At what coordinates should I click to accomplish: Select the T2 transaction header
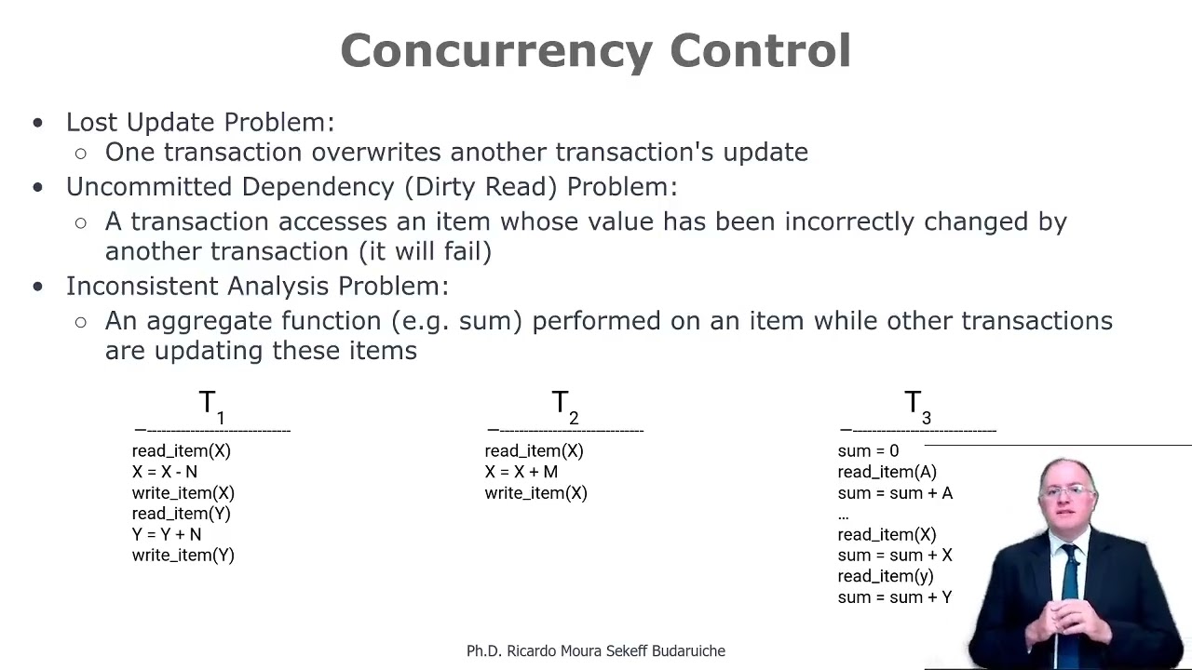[x=564, y=406]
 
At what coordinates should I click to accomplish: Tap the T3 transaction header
[x=917, y=406]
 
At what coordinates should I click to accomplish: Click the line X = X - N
[x=164, y=472]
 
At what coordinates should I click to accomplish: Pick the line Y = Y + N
[x=166, y=534]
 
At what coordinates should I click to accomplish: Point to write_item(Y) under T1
[x=183, y=555]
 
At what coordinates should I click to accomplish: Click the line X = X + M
[x=521, y=472]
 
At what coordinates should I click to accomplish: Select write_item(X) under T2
[x=535, y=492]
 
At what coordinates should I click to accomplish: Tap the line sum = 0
[x=868, y=451]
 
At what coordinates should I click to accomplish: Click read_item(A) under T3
[x=887, y=472]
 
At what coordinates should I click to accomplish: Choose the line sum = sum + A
[x=895, y=492]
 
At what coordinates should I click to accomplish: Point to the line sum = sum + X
[x=895, y=555]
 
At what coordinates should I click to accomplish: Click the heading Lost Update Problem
[x=199, y=122]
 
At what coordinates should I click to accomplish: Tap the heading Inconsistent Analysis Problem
[x=257, y=286]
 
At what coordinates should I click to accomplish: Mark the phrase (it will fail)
[x=425, y=251]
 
